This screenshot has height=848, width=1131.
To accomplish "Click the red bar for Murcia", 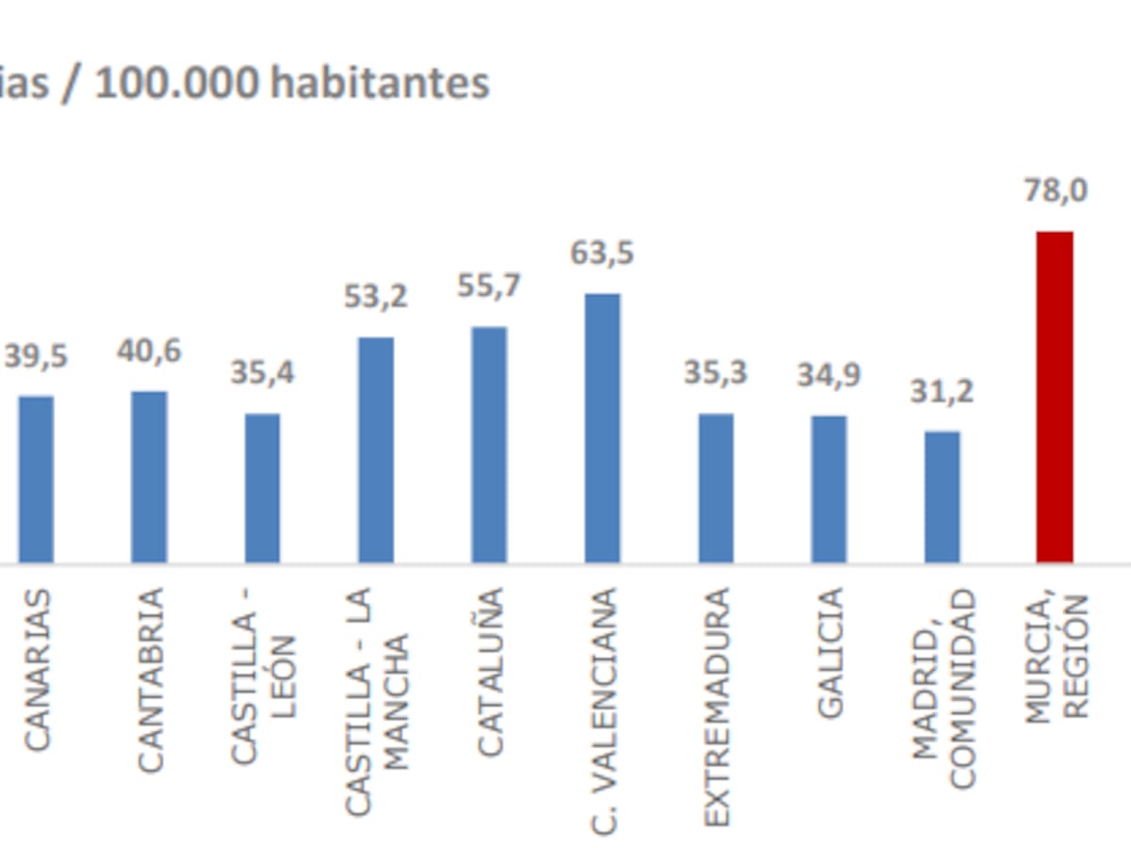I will click(1055, 397).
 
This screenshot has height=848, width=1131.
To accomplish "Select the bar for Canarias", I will click(36, 479).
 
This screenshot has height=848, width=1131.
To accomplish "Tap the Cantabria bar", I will click(149, 477).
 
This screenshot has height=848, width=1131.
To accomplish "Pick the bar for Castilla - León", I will click(262, 488).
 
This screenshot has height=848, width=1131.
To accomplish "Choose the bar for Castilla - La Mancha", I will click(376, 449).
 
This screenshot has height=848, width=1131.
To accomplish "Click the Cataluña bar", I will click(489, 445).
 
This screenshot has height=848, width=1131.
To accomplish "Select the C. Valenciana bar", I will click(602, 428).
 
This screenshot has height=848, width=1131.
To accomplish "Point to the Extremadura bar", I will click(715, 488).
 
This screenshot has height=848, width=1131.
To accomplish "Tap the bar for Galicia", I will click(828, 489).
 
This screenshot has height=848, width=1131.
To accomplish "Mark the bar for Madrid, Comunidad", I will click(942, 497).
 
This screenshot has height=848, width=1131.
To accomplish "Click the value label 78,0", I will click(1056, 190).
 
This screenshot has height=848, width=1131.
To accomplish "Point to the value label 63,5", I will click(602, 253).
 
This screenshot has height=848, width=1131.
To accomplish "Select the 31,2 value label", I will click(942, 391).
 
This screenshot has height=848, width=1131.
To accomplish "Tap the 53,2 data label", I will click(376, 297).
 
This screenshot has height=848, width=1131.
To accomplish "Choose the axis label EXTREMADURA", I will click(716, 707).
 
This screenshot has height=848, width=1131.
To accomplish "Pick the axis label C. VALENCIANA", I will click(603, 711).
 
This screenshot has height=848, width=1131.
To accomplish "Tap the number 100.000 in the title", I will click(176, 83).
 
